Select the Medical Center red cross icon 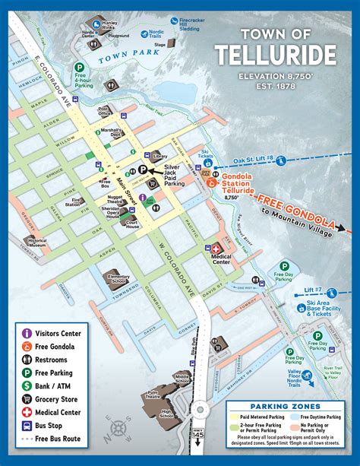[214, 249]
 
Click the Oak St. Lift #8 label [252, 159]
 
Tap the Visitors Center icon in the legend [26, 332]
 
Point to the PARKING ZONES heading [284, 406]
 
